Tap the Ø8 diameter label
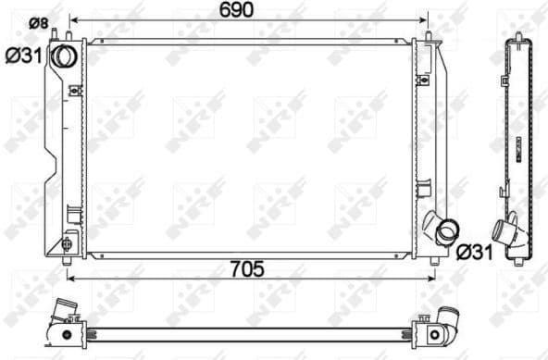click(38, 22)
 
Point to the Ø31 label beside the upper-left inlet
click(22, 56)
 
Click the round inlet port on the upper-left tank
click(64, 56)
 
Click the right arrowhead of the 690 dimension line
click(425, 19)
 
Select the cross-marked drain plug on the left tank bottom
click(66, 245)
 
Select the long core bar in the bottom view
click(250, 329)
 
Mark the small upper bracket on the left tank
click(74, 91)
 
